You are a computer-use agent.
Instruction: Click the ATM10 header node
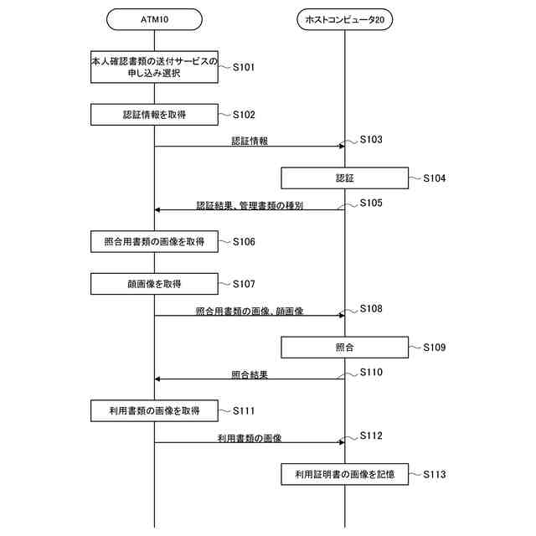(155, 19)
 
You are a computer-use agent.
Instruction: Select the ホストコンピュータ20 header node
(344, 19)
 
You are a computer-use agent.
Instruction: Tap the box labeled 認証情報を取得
(155, 115)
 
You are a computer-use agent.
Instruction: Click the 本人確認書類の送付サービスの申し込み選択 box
(155, 67)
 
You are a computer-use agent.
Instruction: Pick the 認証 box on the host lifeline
(344, 178)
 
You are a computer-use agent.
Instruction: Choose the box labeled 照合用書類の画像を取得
(155, 242)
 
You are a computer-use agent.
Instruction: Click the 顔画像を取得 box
(155, 284)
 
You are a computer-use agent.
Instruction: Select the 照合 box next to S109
(344, 347)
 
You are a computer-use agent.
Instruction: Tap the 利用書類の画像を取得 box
(155, 411)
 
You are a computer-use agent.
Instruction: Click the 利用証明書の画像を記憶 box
(344, 475)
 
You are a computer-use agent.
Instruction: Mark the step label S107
(244, 284)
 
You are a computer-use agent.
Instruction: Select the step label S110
(371, 372)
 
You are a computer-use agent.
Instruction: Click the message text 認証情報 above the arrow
(250, 141)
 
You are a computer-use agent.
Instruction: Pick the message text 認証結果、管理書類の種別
(250, 204)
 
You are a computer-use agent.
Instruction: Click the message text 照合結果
(250, 374)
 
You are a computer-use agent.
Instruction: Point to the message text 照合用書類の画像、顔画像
(250, 311)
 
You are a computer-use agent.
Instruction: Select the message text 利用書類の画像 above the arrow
(250, 437)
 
